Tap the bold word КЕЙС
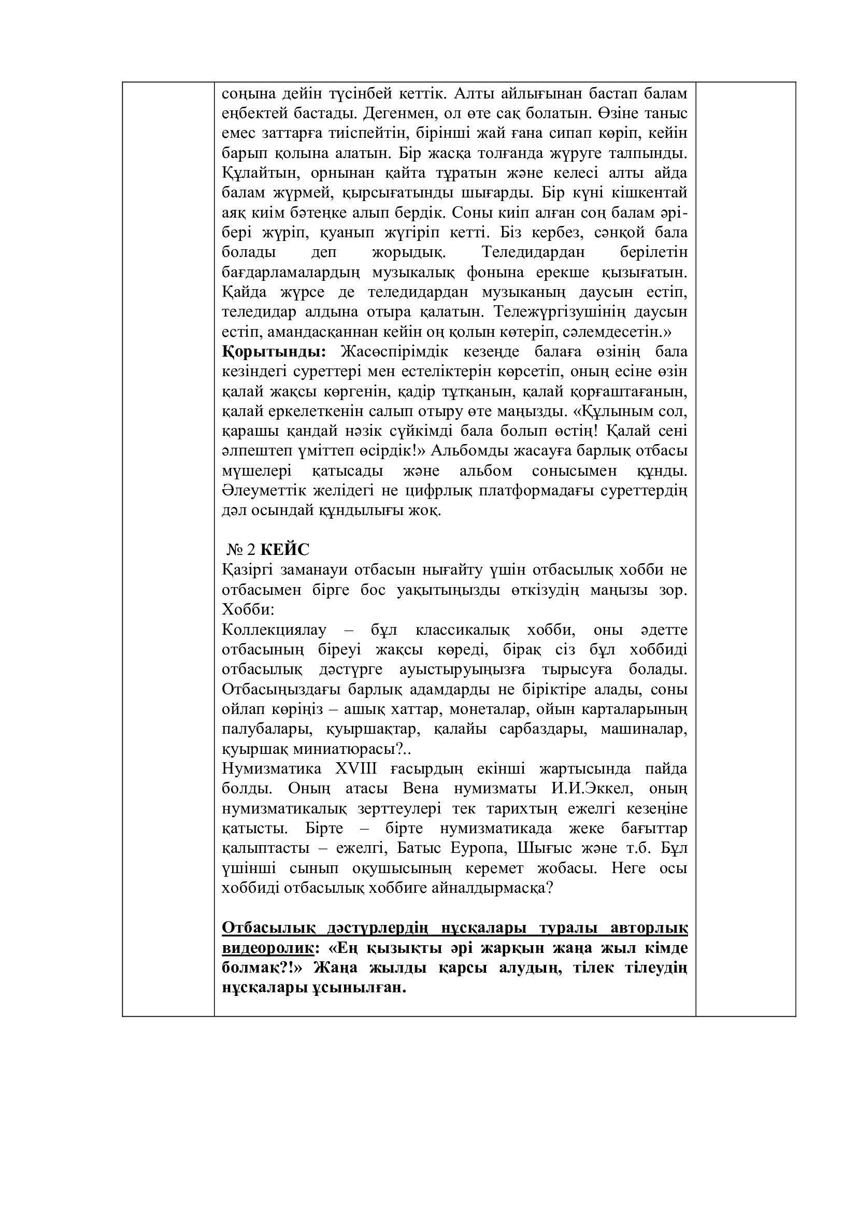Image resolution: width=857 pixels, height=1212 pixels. click(x=285, y=550)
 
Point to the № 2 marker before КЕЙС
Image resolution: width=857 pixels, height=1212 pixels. click(x=241, y=550)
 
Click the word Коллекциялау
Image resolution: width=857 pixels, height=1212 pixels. click(x=275, y=630)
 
